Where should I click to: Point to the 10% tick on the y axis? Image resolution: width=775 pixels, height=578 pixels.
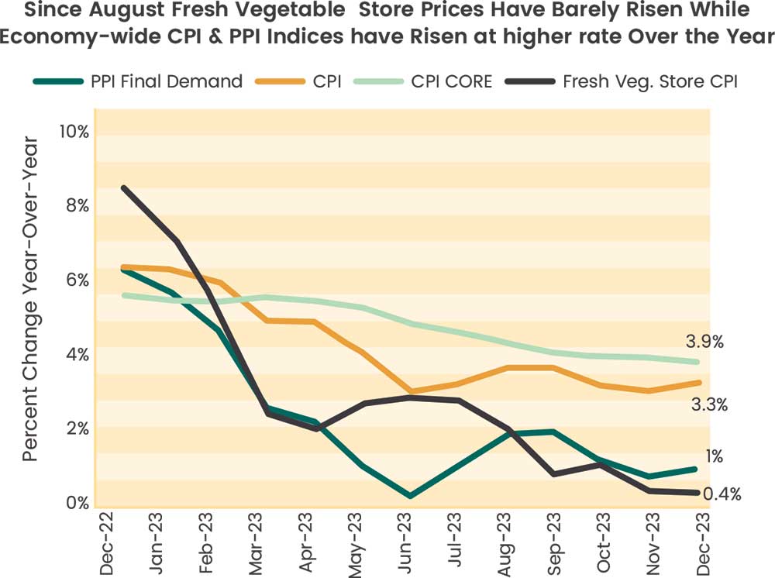click(x=74, y=132)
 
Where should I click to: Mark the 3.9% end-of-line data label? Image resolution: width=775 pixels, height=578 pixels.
click(x=704, y=342)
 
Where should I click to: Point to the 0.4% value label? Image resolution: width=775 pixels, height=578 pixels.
click(x=722, y=494)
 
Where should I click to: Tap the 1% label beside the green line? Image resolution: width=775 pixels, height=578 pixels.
click(x=714, y=456)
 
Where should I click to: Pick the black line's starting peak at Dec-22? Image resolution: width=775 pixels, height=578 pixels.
click(x=124, y=188)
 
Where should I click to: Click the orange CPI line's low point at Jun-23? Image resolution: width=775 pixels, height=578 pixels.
click(x=409, y=392)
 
